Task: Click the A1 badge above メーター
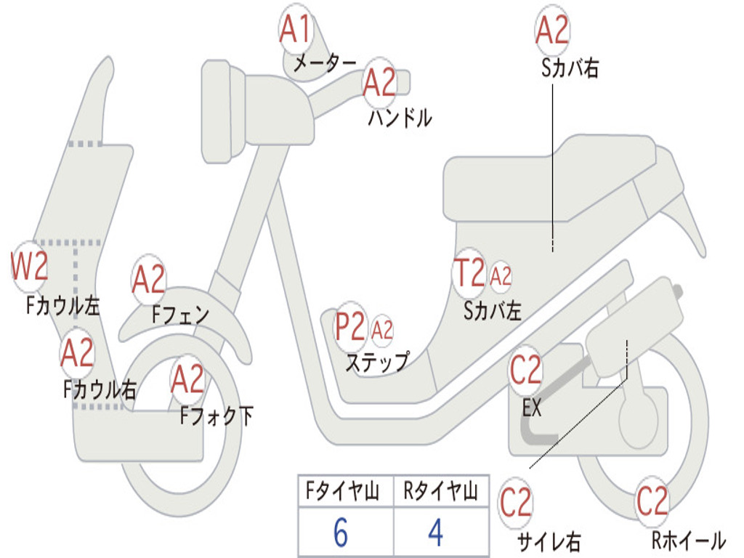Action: (x=296, y=30)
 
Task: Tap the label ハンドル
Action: (x=400, y=117)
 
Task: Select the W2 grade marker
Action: (x=30, y=266)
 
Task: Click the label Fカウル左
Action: (x=62, y=305)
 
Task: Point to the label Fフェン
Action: (x=180, y=315)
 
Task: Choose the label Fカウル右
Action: (x=100, y=389)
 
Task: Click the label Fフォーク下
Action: (x=217, y=416)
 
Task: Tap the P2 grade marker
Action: (x=350, y=328)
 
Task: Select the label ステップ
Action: (x=376, y=361)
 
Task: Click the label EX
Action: (x=532, y=408)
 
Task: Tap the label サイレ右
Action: (x=549, y=541)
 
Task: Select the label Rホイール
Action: (x=687, y=540)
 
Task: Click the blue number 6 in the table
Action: (x=341, y=533)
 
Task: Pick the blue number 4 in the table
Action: (x=435, y=533)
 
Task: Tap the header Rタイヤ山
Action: (x=440, y=492)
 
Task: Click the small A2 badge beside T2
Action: (x=501, y=276)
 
